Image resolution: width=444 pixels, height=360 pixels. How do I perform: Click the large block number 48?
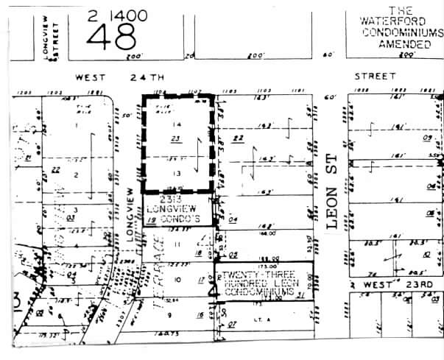pyautogui.click(x=115, y=35)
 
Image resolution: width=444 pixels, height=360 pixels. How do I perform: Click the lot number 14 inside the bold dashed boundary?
pyautogui.click(x=176, y=126)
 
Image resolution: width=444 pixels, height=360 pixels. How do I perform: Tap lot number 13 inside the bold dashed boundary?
pyautogui.click(x=176, y=172)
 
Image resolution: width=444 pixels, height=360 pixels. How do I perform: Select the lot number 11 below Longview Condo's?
pyautogui.click(x=176, y=244)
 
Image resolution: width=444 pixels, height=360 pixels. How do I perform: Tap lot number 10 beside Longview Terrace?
pyautogui.click(x=177, y=280)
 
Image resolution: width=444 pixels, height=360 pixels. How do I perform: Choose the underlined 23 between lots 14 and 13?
pyautogui.click(x=175, y=138)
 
